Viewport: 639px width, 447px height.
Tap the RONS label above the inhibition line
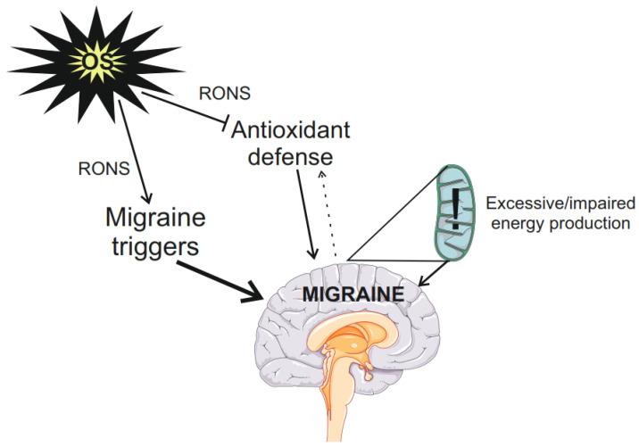click(224, 92)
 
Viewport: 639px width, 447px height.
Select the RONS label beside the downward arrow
click(105, 167)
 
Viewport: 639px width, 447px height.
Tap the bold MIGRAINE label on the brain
click(353, 293)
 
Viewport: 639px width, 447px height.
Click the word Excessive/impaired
click(559, 202)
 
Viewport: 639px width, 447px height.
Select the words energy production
click(559, 222)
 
